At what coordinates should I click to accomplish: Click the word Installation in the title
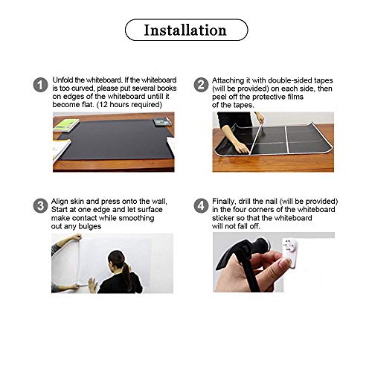point(185,31)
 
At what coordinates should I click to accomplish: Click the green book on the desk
point(65,124)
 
